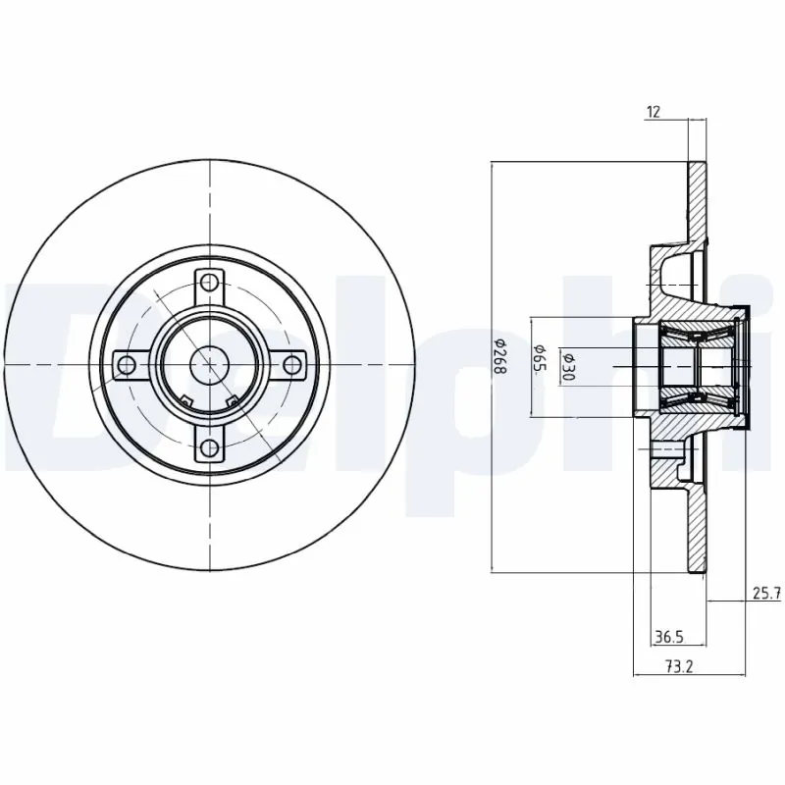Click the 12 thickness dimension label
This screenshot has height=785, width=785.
coord(653,112)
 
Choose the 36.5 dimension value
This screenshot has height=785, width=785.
coord(669,637)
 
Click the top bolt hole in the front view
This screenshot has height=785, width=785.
coord(210,283)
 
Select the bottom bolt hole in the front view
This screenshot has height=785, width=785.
coord(210,448)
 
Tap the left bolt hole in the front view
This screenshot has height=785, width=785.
coord(127,365)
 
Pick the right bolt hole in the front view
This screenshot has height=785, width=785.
coord(292,365)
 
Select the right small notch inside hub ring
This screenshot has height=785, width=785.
coord(233,399)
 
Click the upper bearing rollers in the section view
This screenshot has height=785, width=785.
coord(698,338)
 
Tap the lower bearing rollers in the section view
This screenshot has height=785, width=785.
coord(698,394)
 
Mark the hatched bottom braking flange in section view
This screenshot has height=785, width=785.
coord(697,530)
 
